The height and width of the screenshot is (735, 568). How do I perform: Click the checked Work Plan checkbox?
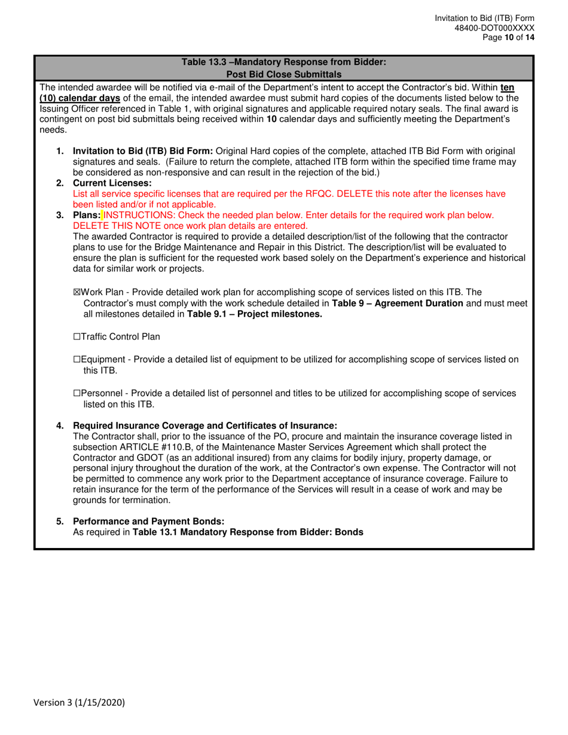coord(76,292)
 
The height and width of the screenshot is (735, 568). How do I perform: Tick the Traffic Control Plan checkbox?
coord(76,337)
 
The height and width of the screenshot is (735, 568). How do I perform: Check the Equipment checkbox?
coord(76,359)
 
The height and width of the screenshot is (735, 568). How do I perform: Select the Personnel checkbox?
coord(76,393)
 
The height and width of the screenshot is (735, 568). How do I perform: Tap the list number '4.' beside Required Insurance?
coord(60,426)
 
